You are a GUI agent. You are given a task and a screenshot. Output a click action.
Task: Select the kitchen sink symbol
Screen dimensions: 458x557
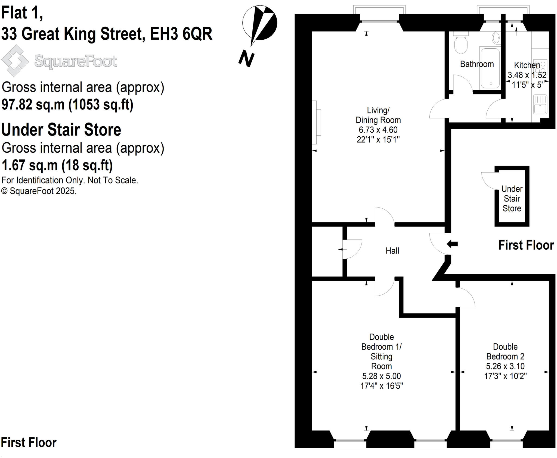540,104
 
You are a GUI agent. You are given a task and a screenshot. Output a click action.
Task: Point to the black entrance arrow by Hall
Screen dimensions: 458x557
452,244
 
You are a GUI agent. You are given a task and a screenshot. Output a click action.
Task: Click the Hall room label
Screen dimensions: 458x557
392,251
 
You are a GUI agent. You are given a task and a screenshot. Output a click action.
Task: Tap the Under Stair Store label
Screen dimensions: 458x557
512,199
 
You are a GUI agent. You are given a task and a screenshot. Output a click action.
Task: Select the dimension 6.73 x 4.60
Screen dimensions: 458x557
378,130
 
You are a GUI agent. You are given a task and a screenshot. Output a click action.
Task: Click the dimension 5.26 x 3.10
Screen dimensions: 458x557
505,366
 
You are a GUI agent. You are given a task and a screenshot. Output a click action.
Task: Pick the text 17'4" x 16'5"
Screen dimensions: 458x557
381,386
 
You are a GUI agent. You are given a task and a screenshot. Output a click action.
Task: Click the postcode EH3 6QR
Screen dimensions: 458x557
181,34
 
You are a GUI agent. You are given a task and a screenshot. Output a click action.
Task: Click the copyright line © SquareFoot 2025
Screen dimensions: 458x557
39,191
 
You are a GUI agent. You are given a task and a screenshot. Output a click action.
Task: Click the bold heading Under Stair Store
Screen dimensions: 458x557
61,130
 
